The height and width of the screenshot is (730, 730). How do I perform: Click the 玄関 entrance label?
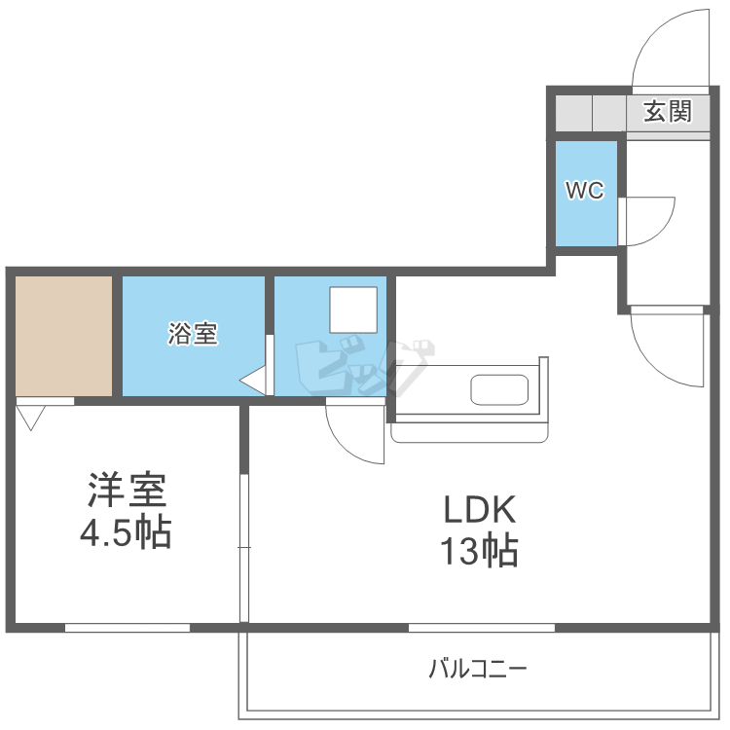[667, 112]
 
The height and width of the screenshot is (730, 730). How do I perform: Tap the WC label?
[585, 191]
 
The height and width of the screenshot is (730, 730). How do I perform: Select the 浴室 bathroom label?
[192, 334]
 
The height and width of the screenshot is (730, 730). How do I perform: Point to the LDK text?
[478, 509]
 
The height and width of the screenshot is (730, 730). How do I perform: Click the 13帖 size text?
[478, 552]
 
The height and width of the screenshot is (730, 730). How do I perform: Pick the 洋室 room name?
[128, 490]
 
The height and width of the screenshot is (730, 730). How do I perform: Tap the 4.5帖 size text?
[127, 532]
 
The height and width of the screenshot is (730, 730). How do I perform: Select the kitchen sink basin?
[499, 389]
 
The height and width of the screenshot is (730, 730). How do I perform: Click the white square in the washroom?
[351, 310]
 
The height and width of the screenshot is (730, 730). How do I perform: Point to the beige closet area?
[64, 336]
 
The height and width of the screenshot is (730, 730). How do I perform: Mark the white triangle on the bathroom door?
[255, 381]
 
